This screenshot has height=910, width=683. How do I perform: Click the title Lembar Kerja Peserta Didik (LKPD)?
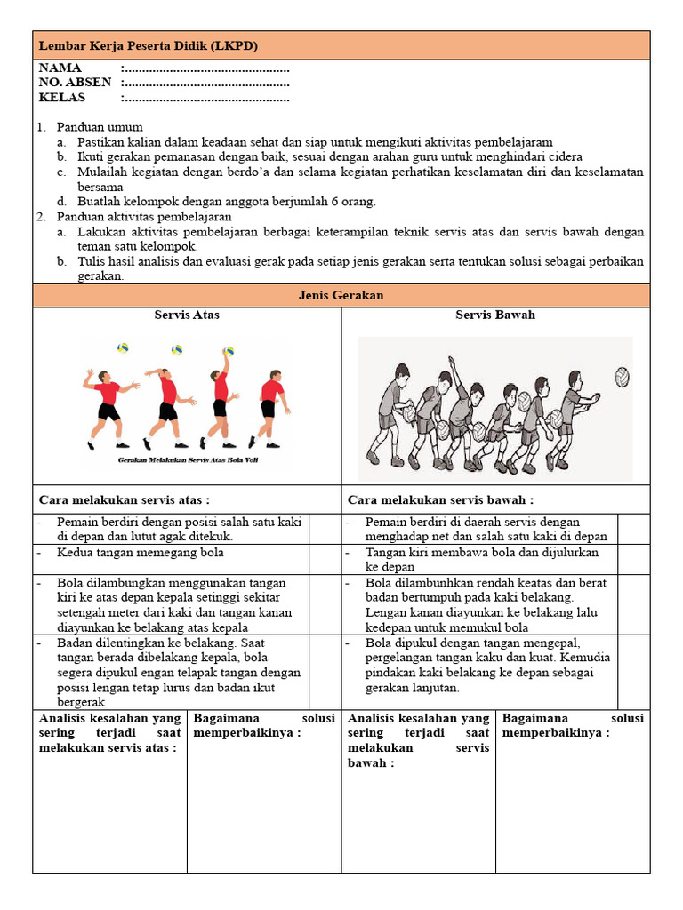pos(149,45)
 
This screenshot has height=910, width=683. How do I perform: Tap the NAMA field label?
pos(60,68)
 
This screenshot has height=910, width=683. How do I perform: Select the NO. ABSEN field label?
pos(75,83)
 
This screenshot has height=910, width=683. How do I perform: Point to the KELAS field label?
pos(62,98)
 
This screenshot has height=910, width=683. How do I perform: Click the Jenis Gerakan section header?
pos(341,295)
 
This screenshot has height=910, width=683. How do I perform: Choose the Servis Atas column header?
pos(187,315)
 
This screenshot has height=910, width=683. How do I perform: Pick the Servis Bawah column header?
pos(495,315)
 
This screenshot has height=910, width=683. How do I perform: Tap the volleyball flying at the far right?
pos(622,377)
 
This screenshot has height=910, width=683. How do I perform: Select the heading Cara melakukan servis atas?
pos(125,500)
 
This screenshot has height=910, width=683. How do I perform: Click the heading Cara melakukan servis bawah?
pos(440,500)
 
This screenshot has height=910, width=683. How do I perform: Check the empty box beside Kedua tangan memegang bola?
pos(324,559)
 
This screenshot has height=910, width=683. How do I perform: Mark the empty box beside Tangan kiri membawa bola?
pos(633,559)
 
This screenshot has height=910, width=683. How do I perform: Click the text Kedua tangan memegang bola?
pos(140,553)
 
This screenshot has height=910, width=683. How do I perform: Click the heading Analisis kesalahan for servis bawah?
pos(418,740)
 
